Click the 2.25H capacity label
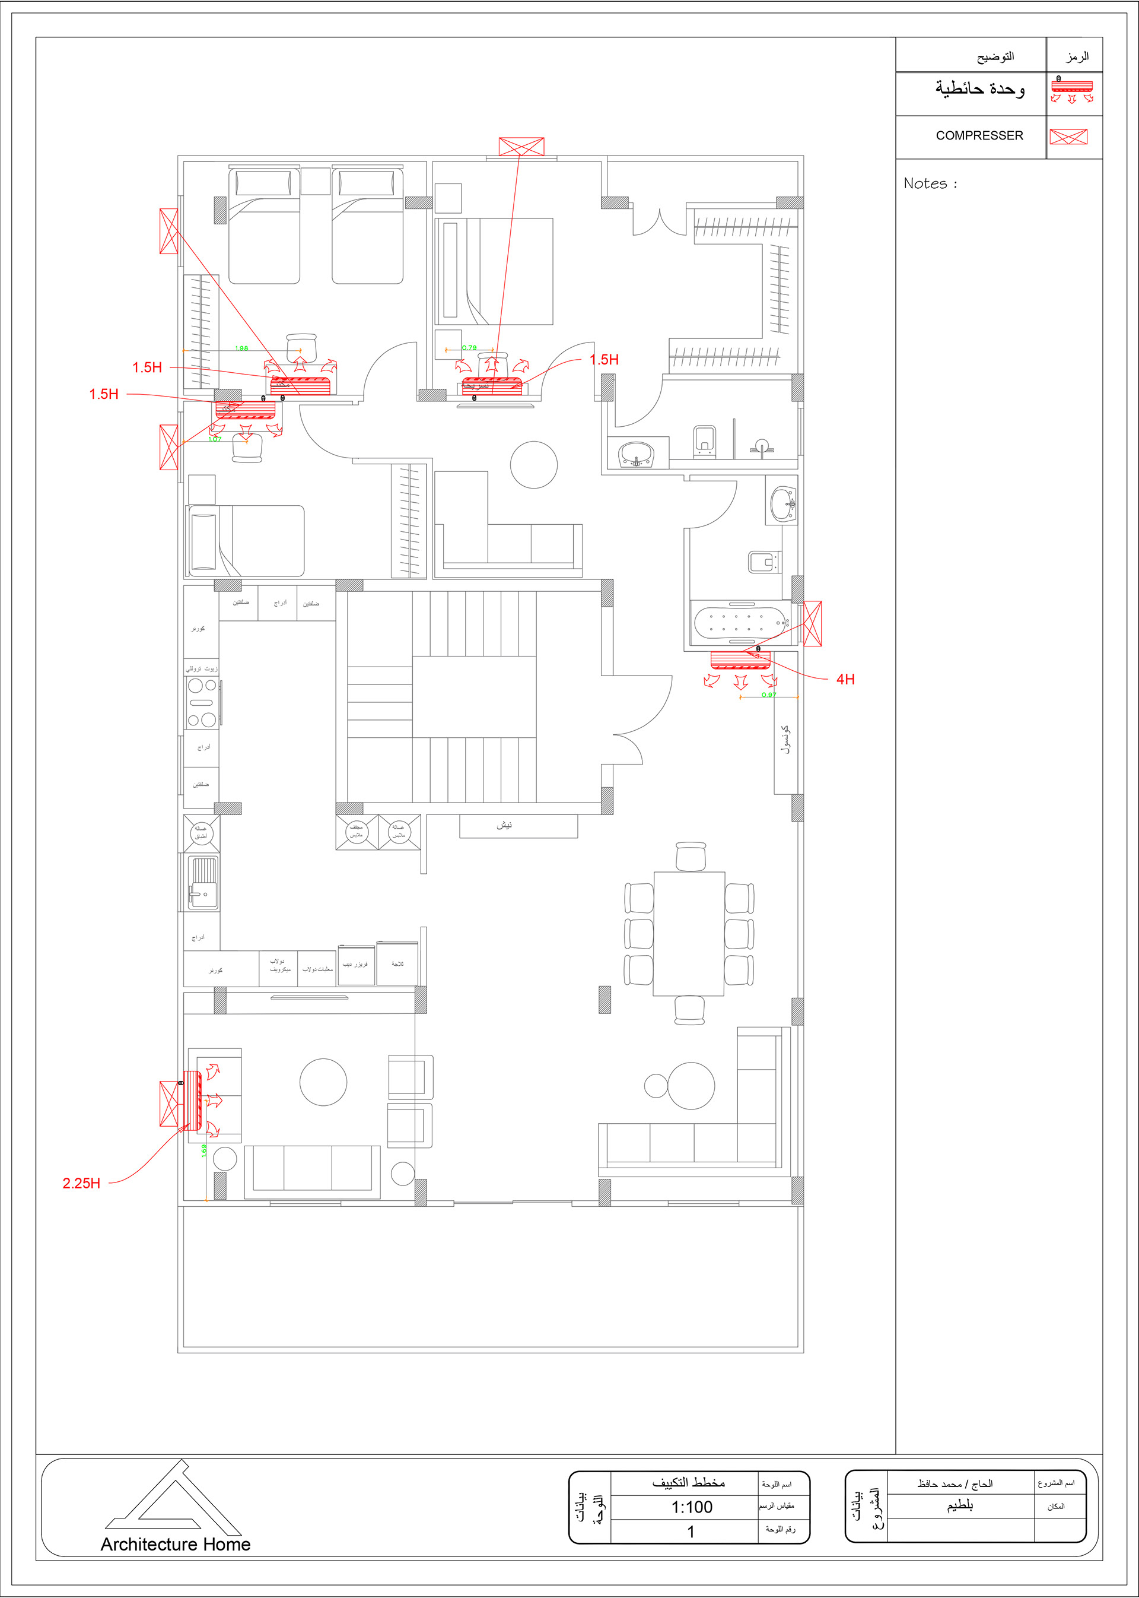pyautogui.click(x=81, y=1183)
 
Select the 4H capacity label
pyautogui.click(x=845, y=679)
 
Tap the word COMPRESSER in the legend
pyautogui.click(x=979, y=135)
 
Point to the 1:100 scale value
pyautogui.click(x=692, y=1507)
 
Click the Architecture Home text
pyautogui.click(x=176, y=1545)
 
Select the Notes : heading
pyautogui.click(x=930, y=184)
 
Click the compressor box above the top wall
pyautogui.click(x=521, y=147)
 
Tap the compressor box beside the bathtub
pyautogui.click(x=812, y=623)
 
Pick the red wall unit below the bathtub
pyautogui.click(x=740, y=660)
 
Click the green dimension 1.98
pyautogui.click(x=241, y=348)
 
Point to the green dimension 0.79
pyautogui.click(x=469, y=347)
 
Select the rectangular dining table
pyautogui.click(x=689, y=933)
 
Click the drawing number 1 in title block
pyautogui.click(x=691, y=1532)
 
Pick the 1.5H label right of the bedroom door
pyautogui.click(x=604, y=359)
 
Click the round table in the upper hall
pyautogui.click(x=534, y=465)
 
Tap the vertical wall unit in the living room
pyautogui.click(x=192, y=1101)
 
